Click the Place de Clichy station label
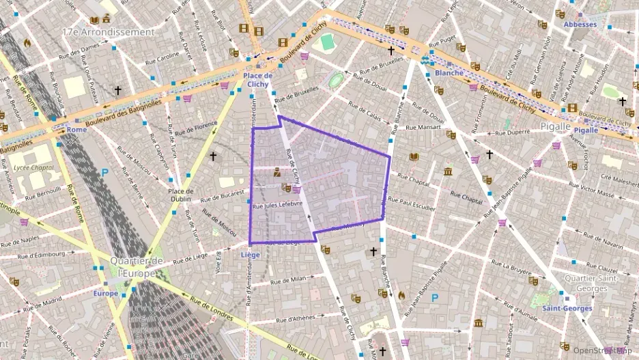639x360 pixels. [x=257, y=79]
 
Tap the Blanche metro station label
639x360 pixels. [x=449, y=72]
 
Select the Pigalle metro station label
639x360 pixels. [x=586, y=130]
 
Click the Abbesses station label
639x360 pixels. [x=580, y=25]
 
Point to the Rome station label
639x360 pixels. [x=77, y=130]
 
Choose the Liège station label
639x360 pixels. [x=251, y=255]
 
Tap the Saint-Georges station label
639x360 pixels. [x=567, y=308]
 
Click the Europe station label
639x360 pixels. [x=106, y=294]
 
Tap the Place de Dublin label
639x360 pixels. [x=181, y=195]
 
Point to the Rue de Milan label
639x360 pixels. [x=288, y=280]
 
